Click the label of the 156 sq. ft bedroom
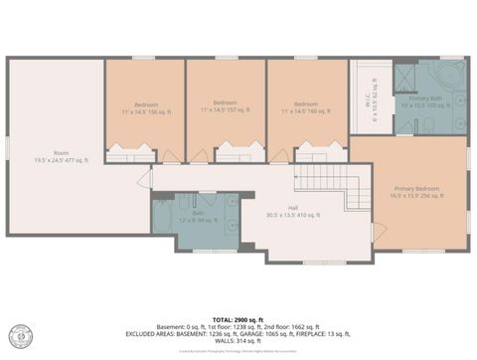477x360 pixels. pyautogui.click(x=144, y=106)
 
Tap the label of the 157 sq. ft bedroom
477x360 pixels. pyautogui.click(x=225, y=106)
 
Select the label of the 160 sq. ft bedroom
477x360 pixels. pyautogui.click(x=305, y=106)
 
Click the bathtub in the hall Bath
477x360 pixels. pyautogui.click(x=165, y=215)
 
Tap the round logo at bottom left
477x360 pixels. pyautogui.click(x=21, y=335)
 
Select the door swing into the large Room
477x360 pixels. pyautogui.click(x=144, y=180)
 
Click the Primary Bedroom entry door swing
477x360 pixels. pyautogui.click(x=378, y=231)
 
